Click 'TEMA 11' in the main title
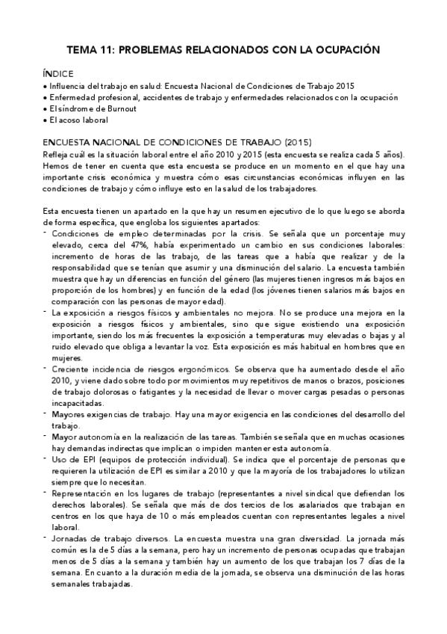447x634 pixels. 90,50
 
